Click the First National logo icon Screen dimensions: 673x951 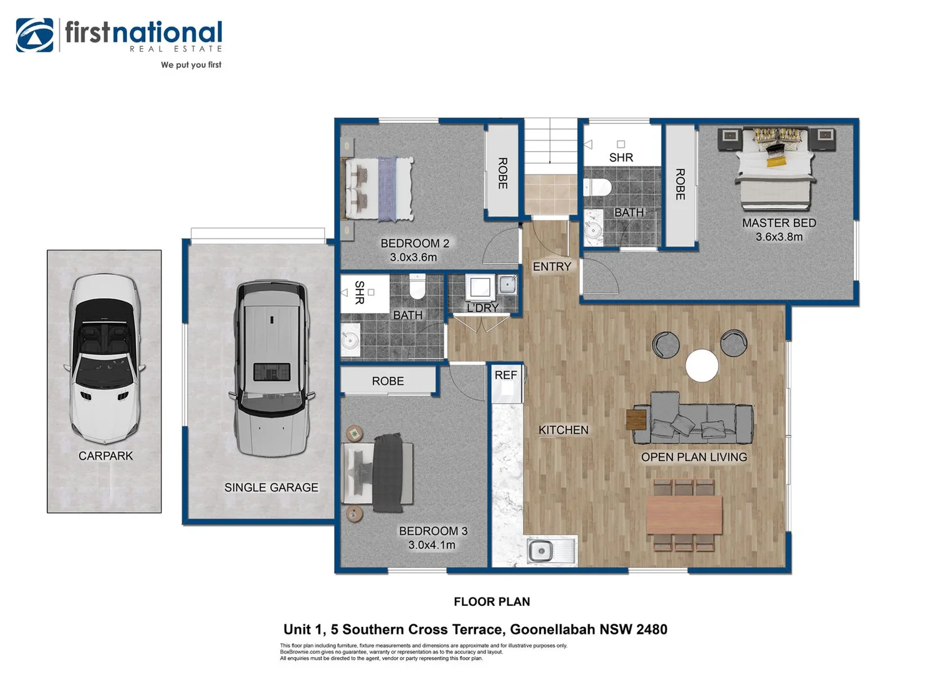pos(34,35)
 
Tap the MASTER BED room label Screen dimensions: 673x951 pos(778,223)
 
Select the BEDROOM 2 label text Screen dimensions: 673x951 pos(414,244)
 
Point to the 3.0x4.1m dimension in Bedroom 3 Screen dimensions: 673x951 pos(431,545)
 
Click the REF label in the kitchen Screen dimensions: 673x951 pos(505,375)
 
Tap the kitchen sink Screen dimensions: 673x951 pos(540,551)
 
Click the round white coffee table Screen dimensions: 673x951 pos(702,365)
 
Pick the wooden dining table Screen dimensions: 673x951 pos(684,515)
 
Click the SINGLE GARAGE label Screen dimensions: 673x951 pos(271,488)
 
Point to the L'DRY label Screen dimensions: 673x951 pos(482,308)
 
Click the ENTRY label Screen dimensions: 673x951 pos(552,267)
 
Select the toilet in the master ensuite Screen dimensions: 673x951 pos(598,186)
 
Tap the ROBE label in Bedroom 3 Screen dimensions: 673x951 pos(388,381)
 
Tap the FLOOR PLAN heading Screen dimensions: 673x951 pos(492,602)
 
